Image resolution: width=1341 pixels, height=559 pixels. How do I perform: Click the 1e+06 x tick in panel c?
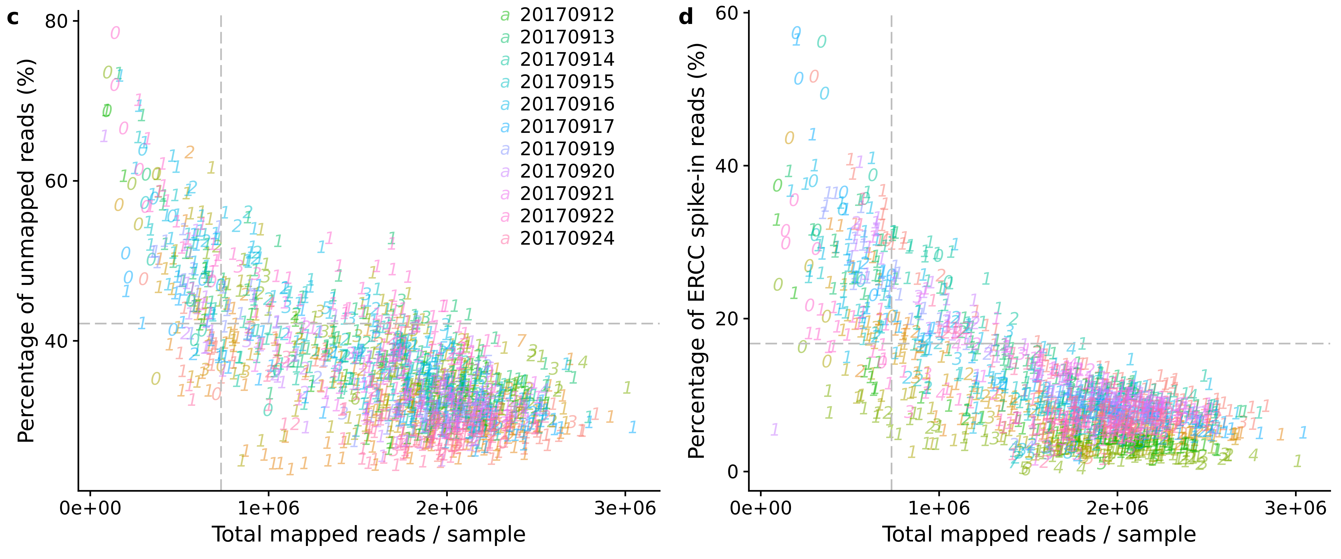[269, 508]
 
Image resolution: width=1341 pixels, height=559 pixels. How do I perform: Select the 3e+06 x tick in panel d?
[1295, 508]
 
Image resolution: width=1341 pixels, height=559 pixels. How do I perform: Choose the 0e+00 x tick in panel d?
[761, 508]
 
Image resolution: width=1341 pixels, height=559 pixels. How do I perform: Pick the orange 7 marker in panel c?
[521, 341]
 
